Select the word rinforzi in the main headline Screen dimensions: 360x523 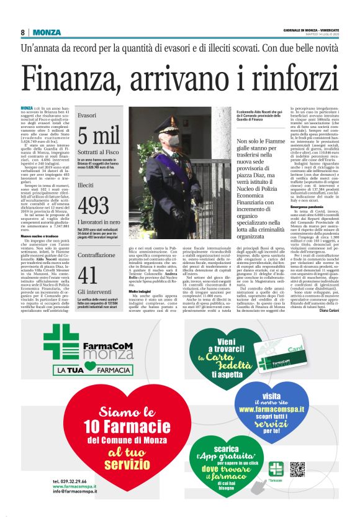pyautogui.click(x=291, y=78)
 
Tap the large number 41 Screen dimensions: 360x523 pyautogui.click(x=88, y=273)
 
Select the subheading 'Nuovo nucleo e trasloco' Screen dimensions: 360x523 pyautogui.click(x=42, y=235)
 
